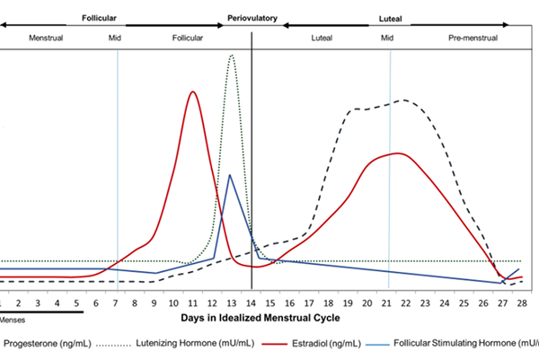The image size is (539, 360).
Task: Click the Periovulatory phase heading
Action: click(252, 17)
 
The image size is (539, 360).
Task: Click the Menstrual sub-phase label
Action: click(46, 39)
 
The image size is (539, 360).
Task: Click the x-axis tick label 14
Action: click(252, 303)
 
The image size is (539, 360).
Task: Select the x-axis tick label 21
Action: click(389, 303)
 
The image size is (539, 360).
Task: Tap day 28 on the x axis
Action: click(522, 303)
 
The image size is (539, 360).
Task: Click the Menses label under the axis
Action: click(13, 319)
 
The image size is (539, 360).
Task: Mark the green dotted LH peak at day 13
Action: click(232, 56)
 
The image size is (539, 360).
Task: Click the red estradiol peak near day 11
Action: click(191, 91)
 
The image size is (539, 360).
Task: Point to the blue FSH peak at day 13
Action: click(229, 175)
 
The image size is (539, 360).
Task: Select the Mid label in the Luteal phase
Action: click(387, 39)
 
